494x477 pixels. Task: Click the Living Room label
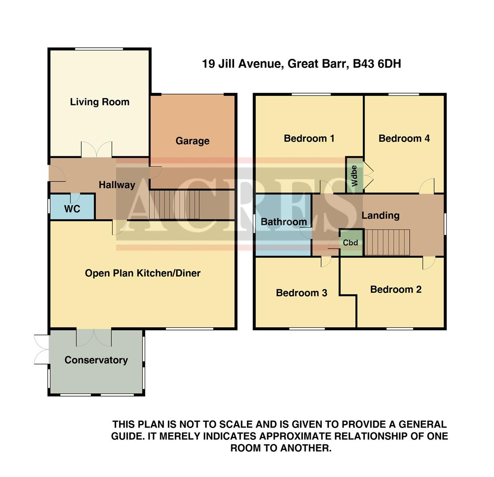pyautogui.click(x=100, y=102)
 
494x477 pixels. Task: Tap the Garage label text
pyautogui.click(x=192, y=141)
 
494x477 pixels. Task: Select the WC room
pyautogui.click(x=72, y=208)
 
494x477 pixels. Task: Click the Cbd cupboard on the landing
pyautogui.click(x=351, y=243)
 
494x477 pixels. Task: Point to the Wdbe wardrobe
pyautogui.click(x=354, y=175)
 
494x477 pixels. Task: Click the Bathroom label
pyautogui.click(x=283, y=222)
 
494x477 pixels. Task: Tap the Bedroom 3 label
pyautogui.click(x=302, y=293)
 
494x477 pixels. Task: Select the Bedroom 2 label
pyautogui.click(x=396, y=289)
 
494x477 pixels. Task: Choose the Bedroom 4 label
pyautogui.click(x=404, y=138)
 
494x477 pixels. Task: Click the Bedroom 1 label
pyautogui.click(x=309, y=138)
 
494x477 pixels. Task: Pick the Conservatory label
pyautogui.click(x=96, y=360)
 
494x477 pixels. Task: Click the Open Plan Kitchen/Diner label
pyautogui.click(x=143, y=273)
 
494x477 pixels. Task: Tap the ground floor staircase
pyautogui.click(x=175, y=204)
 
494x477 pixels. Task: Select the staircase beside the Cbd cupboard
pyautogui.click(x=387, y=242)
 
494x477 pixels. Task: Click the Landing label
pyautogui.click(x=380, y=216)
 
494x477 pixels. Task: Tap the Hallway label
pyautogui.click(x=117, y=185)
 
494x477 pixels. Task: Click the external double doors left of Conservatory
pyautogui.click(x=42, y=349)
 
